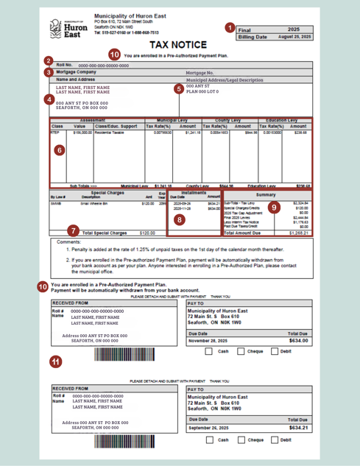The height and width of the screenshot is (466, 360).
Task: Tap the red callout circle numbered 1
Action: (230, 27)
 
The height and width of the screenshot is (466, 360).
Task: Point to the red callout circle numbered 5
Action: (178, 89)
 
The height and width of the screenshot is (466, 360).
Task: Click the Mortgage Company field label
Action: (77, 72)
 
